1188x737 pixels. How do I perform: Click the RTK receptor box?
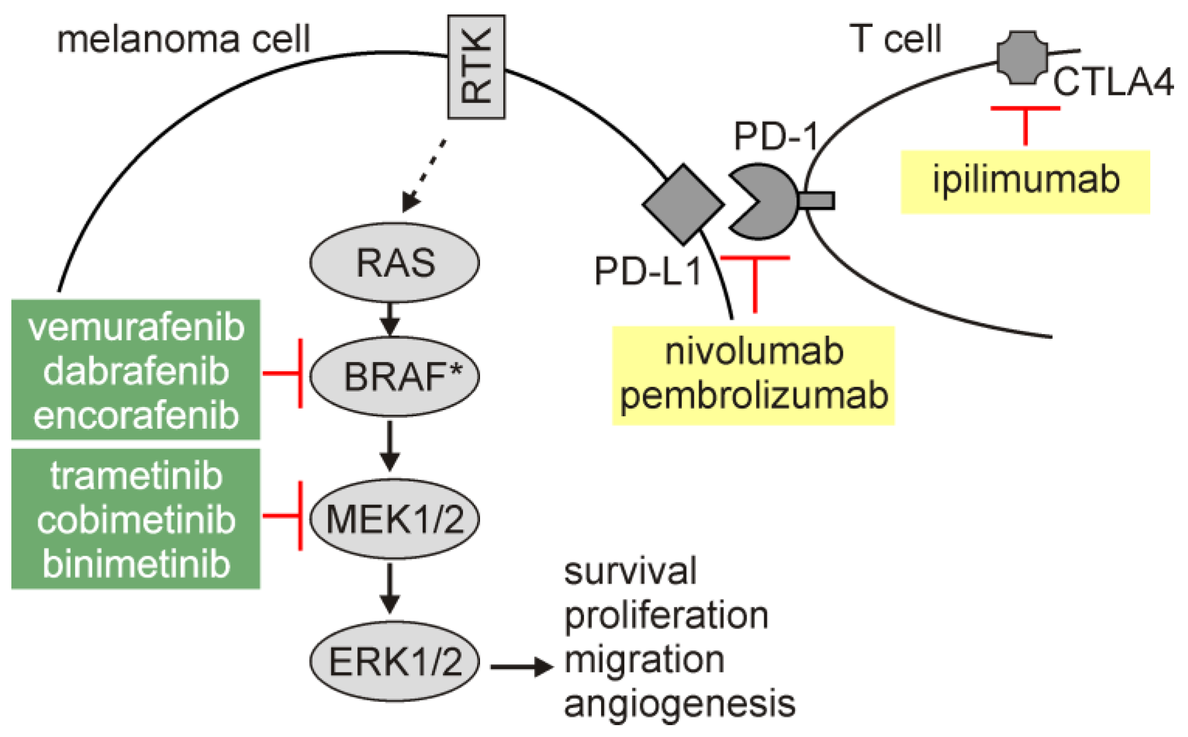476,67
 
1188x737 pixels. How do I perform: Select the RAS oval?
394,262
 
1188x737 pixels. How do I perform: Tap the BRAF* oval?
394,376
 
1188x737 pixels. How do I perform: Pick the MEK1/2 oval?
394,519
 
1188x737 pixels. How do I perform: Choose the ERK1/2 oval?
394,661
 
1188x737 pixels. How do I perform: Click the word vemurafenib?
136,327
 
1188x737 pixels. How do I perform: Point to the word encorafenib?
136,415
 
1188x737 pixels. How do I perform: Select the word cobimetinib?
136,520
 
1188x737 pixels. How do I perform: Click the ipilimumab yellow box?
1025,182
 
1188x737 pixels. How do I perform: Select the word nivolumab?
754,352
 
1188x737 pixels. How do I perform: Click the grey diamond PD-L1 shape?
683,204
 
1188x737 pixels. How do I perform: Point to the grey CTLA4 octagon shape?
1022,57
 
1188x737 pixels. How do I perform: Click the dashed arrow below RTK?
424,176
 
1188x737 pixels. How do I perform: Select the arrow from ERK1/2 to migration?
522,667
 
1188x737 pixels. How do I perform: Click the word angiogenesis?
680,704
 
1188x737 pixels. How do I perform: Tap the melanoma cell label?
183,39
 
